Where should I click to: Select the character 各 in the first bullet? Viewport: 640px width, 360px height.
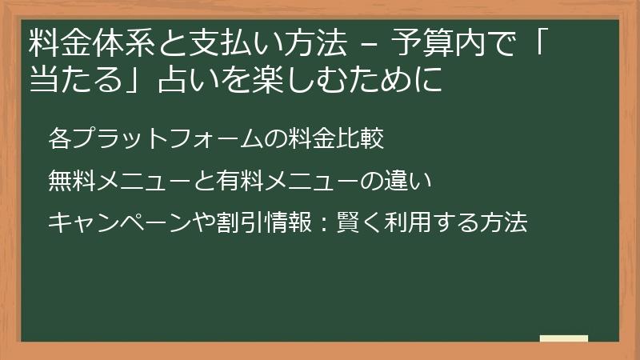[x=59, y=138]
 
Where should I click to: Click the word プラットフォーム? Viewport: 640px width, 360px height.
[x=166, y=138]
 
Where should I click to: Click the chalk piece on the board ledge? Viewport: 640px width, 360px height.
[x=563, y=338]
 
